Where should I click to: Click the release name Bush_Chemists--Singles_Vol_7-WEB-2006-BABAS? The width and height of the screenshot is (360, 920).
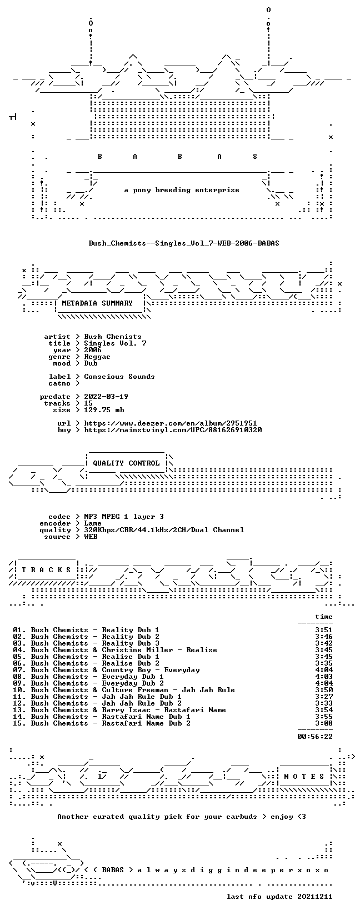pos(184,243)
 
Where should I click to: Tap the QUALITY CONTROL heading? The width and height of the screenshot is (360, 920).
pos(126,463)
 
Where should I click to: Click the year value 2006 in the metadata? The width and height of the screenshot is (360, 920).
pos(93,350)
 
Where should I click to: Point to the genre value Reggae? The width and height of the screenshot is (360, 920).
pos(97,357)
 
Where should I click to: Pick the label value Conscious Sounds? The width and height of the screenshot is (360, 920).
pos(119,377)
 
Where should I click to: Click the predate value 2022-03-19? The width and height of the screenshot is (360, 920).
pos(106,397)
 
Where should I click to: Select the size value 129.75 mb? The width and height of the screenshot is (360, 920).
pos(104,410)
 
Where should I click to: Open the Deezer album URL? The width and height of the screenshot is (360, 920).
pos(171,423)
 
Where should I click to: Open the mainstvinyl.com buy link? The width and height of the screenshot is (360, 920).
pos(173,430)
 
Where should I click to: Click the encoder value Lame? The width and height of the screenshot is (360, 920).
pos(93,523)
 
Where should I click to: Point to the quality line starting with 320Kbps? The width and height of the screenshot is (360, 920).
pos(164,530)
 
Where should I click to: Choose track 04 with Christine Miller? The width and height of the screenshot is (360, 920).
pos(115,650)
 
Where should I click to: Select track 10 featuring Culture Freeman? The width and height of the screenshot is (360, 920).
pos(124,690)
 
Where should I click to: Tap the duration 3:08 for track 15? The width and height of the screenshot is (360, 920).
pos(324,723)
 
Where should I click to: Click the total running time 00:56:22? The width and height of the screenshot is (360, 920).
pos(315,737)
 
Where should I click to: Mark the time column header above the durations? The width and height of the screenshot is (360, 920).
pos(324,617)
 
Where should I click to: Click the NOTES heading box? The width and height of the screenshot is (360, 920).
pos(304,776)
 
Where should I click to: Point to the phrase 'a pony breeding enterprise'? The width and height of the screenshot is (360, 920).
pos(182,190)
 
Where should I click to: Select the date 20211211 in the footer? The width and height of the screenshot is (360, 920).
pos(315,897)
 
